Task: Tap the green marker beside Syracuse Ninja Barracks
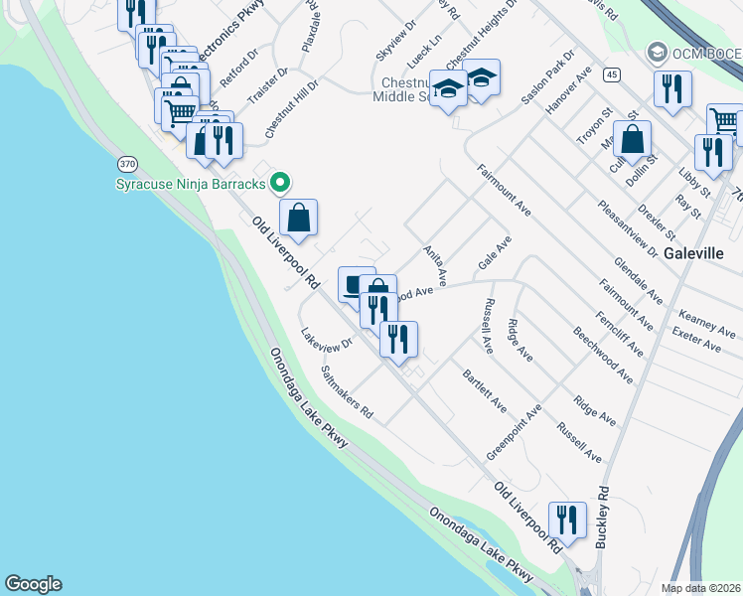point(280,182)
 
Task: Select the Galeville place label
point(694,252)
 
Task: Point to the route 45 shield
point(612,74)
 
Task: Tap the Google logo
point(33,584)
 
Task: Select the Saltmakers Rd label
point(347,390)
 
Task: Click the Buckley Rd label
point(601,517)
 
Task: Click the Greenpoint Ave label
point(514,432)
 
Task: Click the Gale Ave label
point(495,252)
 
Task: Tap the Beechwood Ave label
point(602,353)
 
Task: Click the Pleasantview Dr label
point(627,228)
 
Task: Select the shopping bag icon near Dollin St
point(632,139)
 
